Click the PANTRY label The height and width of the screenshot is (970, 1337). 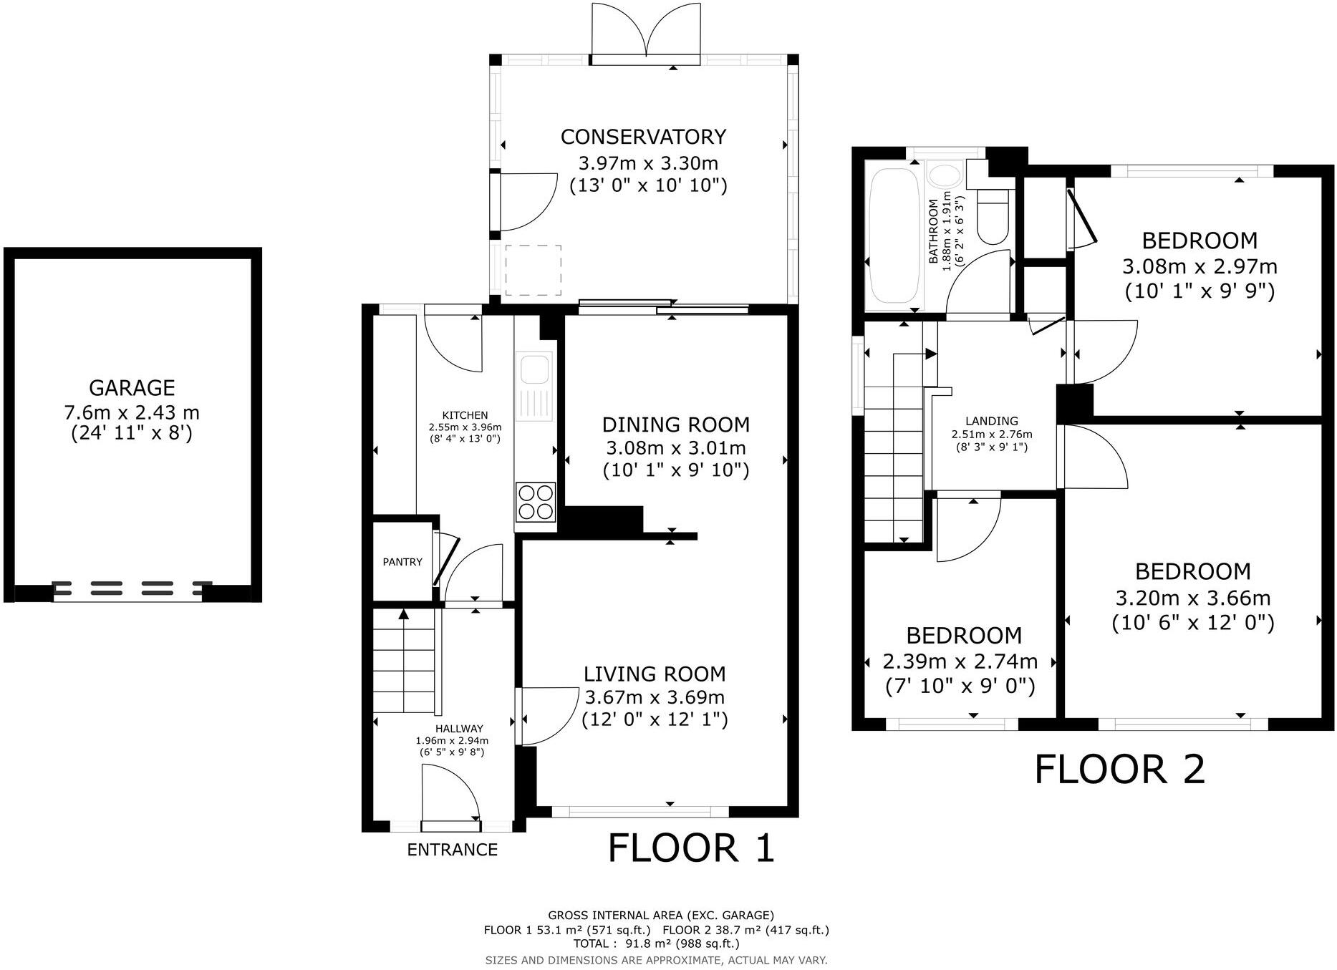coord(402,562)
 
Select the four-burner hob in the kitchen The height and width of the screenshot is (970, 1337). coord(536,502)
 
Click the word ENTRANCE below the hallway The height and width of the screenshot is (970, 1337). coord(452,850)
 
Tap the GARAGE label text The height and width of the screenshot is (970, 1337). coord(132,388)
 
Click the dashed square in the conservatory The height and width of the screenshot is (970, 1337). coord(534,270)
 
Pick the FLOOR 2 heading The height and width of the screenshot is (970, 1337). coord(1120,770)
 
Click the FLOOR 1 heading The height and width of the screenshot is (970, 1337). coord(691,848)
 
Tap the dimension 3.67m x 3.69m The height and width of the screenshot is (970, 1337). coord(655,697)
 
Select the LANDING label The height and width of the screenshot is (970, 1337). coord(991,421)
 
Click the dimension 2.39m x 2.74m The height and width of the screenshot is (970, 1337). coord(960,661)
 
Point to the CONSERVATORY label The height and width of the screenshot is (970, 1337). coord(643,137)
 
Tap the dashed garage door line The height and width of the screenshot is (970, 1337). coord(132,588)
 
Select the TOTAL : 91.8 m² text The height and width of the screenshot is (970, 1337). coord(656,944)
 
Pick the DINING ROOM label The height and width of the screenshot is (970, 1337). coord(675,425)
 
